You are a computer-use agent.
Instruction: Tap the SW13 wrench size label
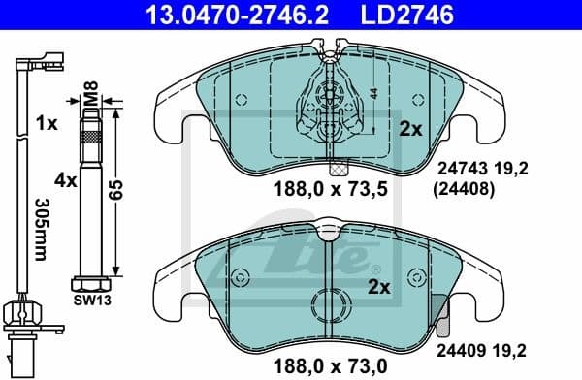click(92, 301)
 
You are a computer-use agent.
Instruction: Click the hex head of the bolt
click(92, 284)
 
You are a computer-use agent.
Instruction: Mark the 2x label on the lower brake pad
click(379, 287)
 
